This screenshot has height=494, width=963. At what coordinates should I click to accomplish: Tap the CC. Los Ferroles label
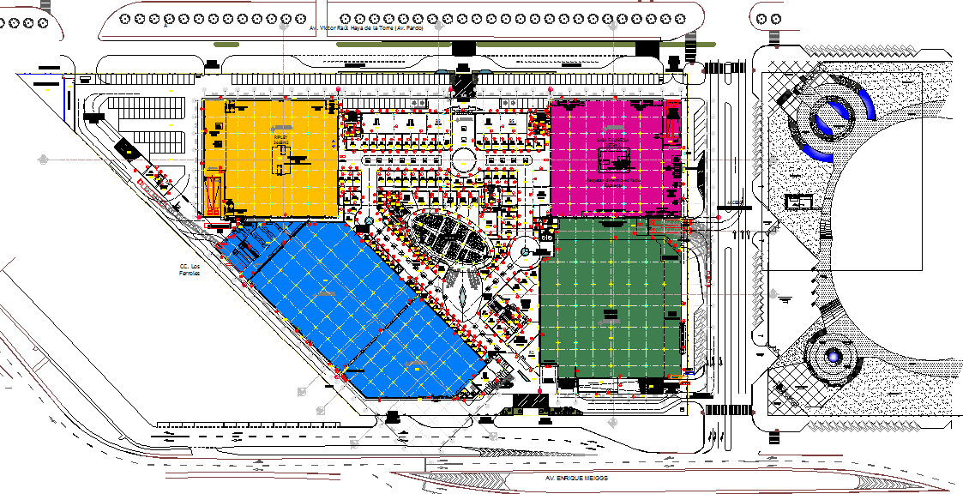190,270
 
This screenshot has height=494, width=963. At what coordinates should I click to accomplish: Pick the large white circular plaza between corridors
463,160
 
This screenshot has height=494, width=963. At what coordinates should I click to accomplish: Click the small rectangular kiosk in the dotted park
799,202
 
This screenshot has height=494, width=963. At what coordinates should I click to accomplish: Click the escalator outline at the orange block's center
283,160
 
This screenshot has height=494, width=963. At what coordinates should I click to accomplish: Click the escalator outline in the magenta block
614,159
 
